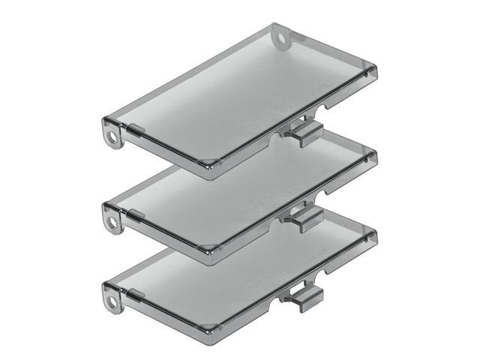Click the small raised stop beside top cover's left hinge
point(135,130)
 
